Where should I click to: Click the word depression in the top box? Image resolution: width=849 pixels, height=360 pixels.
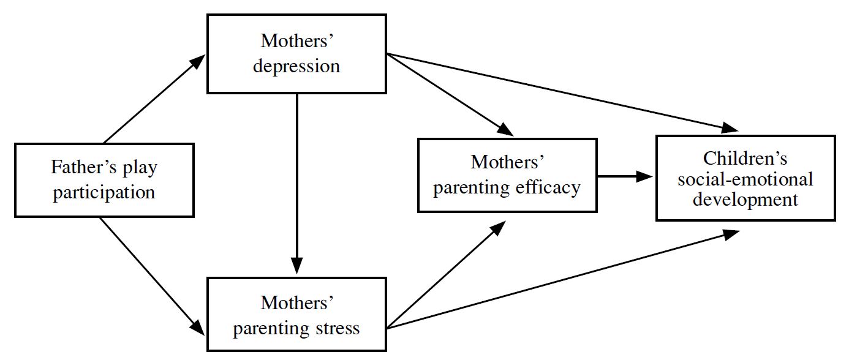(x=296, y=67)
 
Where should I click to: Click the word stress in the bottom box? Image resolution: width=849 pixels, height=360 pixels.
(x=338, y=328)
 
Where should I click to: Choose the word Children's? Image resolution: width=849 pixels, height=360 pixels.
(x=745, y=159)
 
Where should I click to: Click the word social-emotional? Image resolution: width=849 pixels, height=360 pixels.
(x=745, y=179)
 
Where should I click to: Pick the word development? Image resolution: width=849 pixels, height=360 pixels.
(x=745, y=200)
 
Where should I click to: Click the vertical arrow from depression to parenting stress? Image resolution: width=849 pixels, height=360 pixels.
(x=296, y=184)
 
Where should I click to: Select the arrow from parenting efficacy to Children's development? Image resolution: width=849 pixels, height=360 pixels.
(x=625, y=176)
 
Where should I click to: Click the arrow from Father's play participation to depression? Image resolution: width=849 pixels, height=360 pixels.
(x=154, y=99)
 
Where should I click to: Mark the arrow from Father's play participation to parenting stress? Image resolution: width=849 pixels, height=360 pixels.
(x=152, y=276)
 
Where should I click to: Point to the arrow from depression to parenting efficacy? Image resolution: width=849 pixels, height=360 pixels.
(x=450, y=95)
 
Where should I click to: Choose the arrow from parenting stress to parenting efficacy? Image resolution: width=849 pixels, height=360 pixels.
(x=446, y=275)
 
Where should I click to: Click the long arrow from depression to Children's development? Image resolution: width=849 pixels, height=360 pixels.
(x=562, y=93)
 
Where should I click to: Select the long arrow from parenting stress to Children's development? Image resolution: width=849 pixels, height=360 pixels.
(x=563, y=279)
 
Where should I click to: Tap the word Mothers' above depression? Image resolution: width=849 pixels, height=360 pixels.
(x=296, y=41)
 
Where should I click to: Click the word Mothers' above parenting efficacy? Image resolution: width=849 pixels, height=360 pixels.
(x=507, y=162)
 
